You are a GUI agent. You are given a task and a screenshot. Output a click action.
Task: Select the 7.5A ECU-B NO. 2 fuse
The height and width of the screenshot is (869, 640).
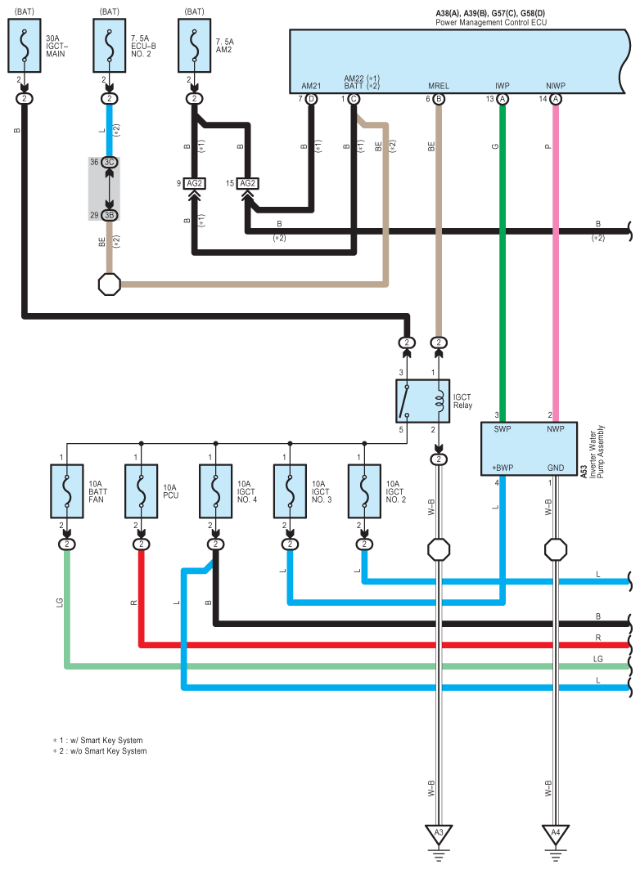coord(110,48)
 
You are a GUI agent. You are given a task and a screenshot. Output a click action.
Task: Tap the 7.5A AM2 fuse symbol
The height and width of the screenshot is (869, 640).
coord(194,48)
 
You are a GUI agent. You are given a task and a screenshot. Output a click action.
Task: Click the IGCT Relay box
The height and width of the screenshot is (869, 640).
coord(421,401)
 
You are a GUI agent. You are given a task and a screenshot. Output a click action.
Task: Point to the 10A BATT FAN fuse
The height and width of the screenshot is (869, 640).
coord(67,492)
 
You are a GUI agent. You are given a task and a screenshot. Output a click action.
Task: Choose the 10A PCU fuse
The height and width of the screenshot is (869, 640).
coord(142,492)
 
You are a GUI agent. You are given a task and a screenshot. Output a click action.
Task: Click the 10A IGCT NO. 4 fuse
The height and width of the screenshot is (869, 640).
coord(216,492)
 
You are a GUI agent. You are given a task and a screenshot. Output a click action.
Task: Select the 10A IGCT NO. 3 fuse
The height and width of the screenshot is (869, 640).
coord(290,492)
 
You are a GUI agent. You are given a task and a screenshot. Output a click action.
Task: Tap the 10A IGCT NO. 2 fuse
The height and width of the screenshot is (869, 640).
coord(364,492)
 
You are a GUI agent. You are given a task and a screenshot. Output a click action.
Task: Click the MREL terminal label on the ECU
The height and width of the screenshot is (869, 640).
coord(438,85)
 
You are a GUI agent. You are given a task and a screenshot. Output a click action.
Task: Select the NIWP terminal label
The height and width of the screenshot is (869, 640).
coord(556,85)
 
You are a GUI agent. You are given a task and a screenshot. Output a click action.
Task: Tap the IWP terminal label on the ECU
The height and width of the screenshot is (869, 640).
coord(503,85)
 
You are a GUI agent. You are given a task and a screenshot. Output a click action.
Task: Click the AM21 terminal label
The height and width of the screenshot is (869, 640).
coord(311,85)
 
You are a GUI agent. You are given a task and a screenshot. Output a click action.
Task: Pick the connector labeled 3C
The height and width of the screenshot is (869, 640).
coord(110,163)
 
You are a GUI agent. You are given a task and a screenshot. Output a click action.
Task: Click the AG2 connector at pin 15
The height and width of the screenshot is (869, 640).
coord(247,183)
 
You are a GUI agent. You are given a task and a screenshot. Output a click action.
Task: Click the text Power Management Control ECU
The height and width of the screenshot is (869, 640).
coord(491,23)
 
